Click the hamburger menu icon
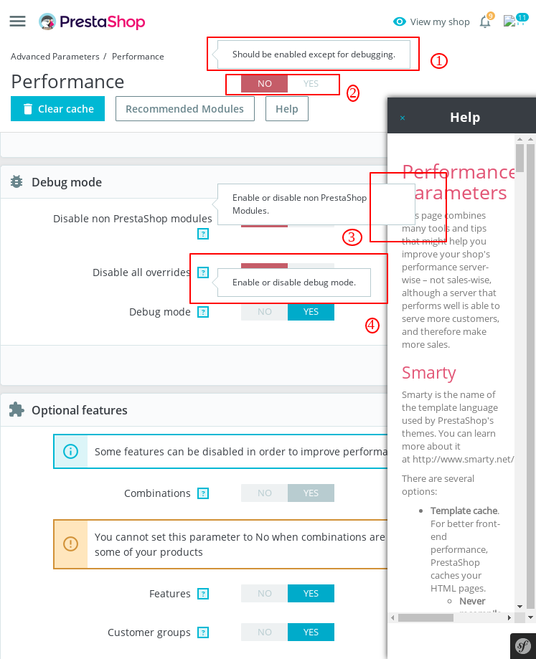tap(18, 22)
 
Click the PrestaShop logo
tap(92, 22)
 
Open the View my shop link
tap(431, 22)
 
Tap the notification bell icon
tap(485, 22)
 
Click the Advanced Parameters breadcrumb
tap(55, 56)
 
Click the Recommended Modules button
tap(184, 109)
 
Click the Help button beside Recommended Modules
tap(286, 109)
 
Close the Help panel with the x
tap(403, 118)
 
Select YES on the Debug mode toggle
tap(311, 312)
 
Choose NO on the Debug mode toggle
tap(265, 312)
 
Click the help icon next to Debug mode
tap(203, 312)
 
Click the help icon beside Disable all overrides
tap(203, 272)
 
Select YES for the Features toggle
tap(311, 594)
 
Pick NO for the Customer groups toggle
tap(265, 632)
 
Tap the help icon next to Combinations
tap(203, 493)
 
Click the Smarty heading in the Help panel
tap(429, 373)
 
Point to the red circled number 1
tap(439, 61)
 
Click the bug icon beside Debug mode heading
tap(17, 182)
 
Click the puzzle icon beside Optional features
tap(17, 409)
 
